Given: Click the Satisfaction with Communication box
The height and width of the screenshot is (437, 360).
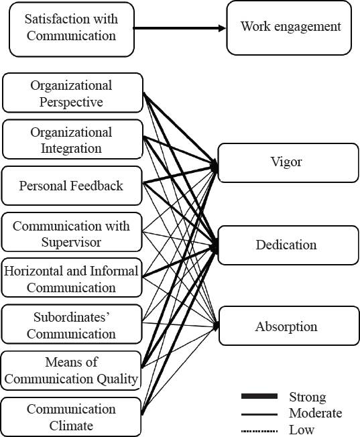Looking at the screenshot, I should tap(72, 27).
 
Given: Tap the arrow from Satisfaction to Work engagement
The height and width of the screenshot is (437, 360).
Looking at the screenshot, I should tap(180, 28).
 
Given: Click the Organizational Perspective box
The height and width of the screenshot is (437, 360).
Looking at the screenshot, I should tap(72, 93).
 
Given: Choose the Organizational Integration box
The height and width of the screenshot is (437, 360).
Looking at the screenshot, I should tap(72, 139).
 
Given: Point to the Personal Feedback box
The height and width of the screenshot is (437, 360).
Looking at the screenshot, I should tap(72, 186).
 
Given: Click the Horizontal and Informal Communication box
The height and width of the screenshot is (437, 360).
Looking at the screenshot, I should tap(72, 278).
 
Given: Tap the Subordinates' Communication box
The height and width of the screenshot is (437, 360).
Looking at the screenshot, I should tap(72, 324).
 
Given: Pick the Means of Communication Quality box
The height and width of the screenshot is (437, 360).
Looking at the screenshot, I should tap(72, 371).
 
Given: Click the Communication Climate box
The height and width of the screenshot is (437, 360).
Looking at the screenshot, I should tap(72, 417).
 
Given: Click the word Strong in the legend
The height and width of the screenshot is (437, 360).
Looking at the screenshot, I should tap(307, 397).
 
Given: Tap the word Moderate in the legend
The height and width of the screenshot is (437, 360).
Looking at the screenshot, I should tap(315, 413).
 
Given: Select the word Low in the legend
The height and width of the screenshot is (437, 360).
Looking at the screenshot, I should tap(301, 429).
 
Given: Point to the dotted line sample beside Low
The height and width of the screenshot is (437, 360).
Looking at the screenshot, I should tap(258, 430).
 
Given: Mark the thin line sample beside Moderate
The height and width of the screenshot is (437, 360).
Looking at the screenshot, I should tap(258, 414).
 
